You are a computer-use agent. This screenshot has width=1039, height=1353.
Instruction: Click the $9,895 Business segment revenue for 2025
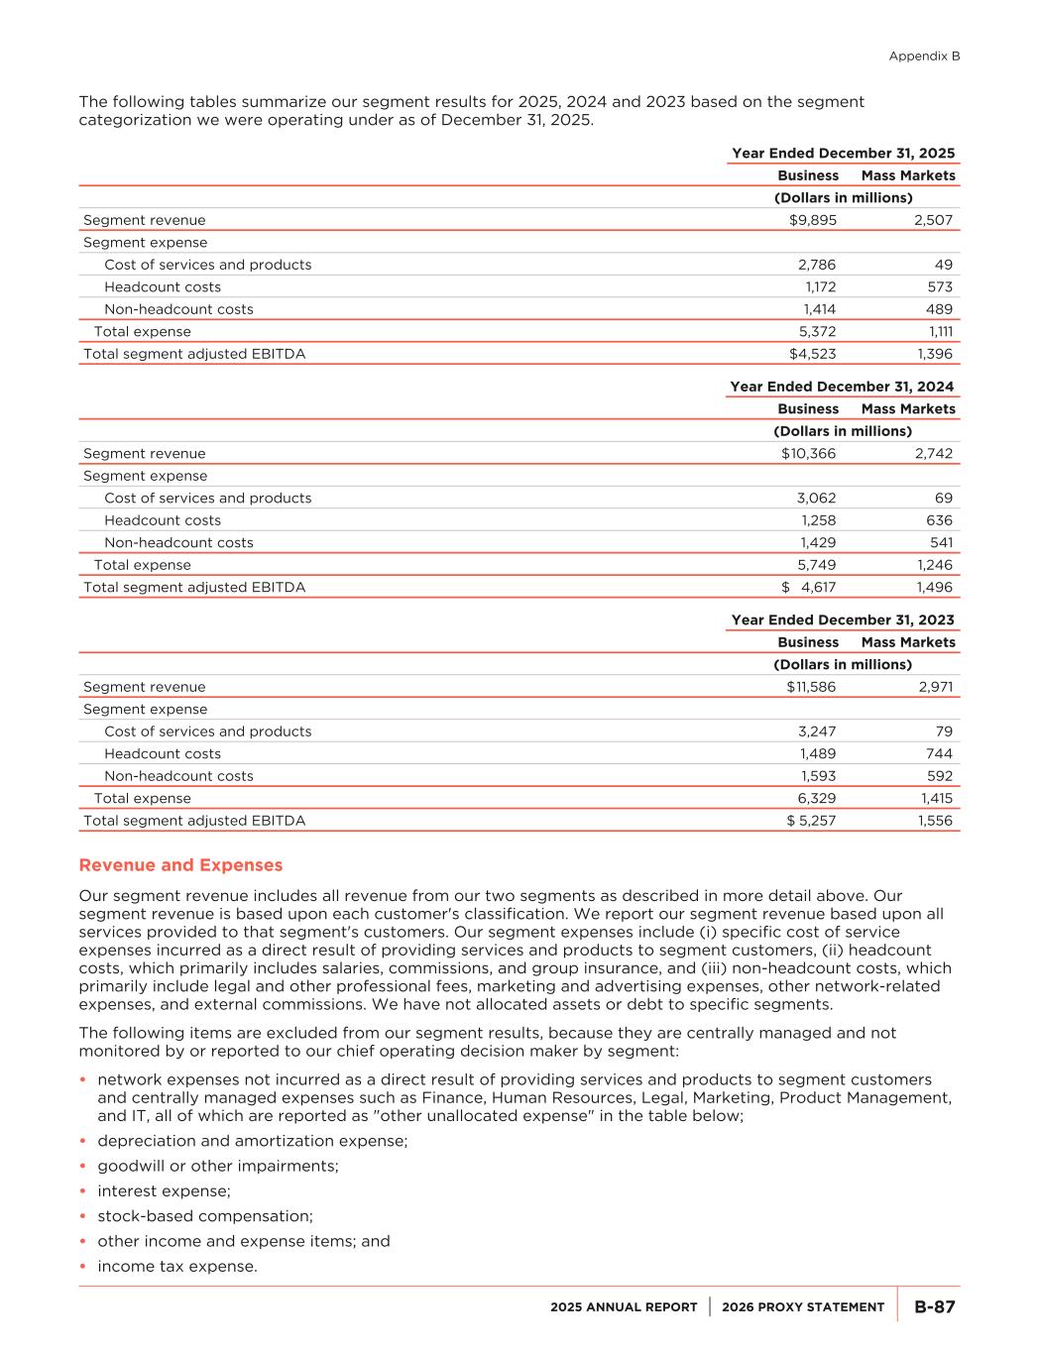click(x=812, y=220)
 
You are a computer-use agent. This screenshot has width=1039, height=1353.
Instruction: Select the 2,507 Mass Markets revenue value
click(x=933, y=220)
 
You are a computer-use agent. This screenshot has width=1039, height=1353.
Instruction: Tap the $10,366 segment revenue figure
click(x=808, y=453)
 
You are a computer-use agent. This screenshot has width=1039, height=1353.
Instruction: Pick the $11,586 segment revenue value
click(x=810, y=687)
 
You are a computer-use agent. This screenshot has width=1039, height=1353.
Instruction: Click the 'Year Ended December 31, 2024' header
click(x=842, y=387)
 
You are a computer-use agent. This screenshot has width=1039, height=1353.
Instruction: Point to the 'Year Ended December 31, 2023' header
click(x=843, y=620)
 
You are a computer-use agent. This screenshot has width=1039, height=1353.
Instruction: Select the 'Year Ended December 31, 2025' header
click(x=843, y=153)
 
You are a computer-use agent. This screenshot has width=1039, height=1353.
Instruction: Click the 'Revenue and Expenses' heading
click(x=180, y=865)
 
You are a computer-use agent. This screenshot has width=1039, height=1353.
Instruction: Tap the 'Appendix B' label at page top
click(x=924, y=56)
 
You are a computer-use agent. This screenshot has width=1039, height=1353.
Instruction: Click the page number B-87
click(x=934, y=1306)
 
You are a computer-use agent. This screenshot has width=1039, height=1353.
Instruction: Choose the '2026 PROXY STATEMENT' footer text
click(x=803, y=1307)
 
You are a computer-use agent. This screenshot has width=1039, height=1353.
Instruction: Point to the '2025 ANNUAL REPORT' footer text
click(x=624, y=1307)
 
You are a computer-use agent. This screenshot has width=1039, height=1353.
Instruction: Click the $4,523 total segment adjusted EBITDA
click(x=812, y=354)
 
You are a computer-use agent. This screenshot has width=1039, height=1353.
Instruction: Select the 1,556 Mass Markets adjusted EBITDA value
click(x=935, y=821)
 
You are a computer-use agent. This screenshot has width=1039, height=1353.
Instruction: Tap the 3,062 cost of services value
click(x=817, y=498)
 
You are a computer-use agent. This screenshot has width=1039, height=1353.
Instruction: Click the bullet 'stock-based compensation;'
click(x=205, y=1216)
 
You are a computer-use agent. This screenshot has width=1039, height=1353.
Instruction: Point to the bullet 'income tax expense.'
click(x=177, y=1266)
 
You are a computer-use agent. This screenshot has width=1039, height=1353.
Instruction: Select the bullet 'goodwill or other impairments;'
click(x=218, y=1166)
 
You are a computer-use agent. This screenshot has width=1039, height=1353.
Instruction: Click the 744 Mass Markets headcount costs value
click(x=939, y=753)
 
